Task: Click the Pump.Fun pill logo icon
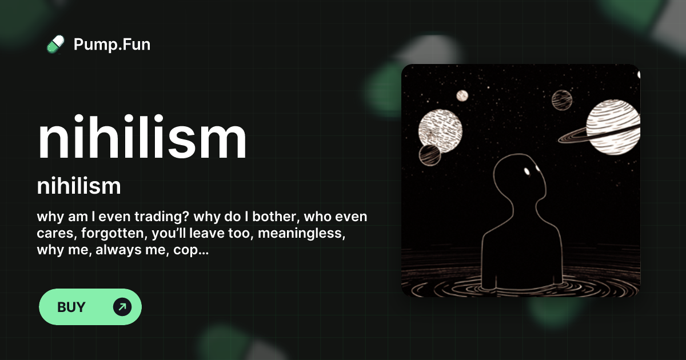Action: (x=55, y=44)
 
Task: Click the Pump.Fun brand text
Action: (x=112, y=44)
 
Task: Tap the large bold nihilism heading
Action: (x=142, y=139)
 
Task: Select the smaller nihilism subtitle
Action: (x=79, y=186)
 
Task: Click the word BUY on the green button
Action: (x=71, y=307)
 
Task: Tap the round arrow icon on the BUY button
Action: (x=122, y=307)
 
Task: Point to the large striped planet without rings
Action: (x=440, y=127)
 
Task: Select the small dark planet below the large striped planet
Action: (x=429, y=154)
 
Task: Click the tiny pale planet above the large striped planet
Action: (x=462, y=95)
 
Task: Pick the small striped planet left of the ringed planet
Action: (x=562, y=101)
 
